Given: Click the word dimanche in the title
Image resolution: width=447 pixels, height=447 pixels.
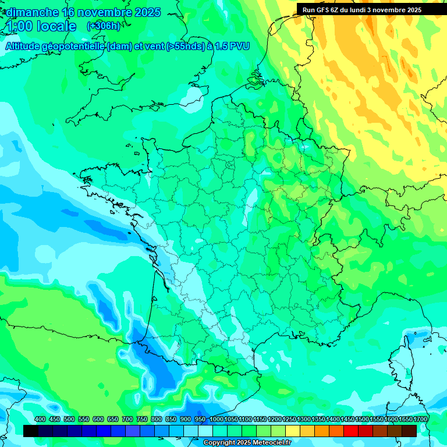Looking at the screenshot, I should pyautogui.click(x=32, y=12).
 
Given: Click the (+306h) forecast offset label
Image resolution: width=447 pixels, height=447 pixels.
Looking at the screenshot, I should pyautogui.click(x=103, y=26).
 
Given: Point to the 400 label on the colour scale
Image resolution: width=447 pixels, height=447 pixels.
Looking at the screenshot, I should pyautogui.click(x=40, y=420).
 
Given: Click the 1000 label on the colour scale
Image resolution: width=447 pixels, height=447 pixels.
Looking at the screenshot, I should pyautogui.click(x=216, y=420).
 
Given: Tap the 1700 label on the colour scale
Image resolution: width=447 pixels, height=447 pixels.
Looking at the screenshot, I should pyautogui.click(x=420, y=420).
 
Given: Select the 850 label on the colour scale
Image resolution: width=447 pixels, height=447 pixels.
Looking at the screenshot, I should pyautogui.click(x=171, y=420).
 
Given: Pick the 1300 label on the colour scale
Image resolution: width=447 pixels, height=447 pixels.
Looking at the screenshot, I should pyautogui.click(x=304, y=420).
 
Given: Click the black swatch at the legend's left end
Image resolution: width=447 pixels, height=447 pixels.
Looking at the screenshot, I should pyautogui.click(x=31, y=431).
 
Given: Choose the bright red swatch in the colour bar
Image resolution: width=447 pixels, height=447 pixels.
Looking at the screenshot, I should pyautogui.click(x=351, y=431).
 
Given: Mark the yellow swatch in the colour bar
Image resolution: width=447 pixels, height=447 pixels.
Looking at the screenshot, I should pyautogui.click(x=293, y=431).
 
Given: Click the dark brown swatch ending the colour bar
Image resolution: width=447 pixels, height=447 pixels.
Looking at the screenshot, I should pyautogui.click(x=409, y=431).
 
